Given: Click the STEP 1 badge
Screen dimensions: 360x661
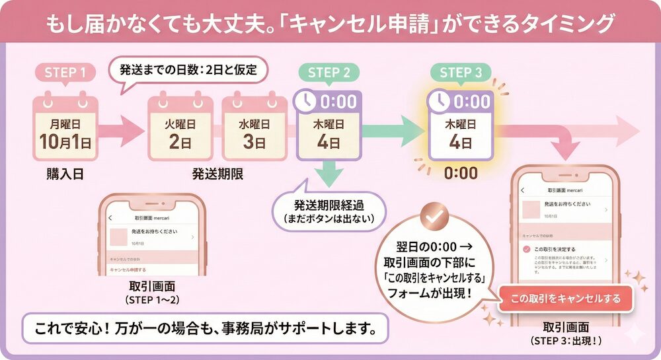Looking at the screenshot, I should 65,73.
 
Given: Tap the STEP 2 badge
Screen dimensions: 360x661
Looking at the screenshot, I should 329,73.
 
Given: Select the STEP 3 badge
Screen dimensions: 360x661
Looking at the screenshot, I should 461,73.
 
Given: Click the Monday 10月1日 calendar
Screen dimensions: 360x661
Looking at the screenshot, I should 65,130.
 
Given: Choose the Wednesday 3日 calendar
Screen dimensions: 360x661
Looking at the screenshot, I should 254,130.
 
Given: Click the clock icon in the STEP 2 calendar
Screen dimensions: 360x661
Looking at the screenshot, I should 306,101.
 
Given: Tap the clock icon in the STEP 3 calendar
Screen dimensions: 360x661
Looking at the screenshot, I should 438,101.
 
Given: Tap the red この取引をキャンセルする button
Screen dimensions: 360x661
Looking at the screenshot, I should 566,299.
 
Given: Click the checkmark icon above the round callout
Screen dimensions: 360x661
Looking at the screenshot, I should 435,218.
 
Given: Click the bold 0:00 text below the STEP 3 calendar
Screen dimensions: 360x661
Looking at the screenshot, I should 461,174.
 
